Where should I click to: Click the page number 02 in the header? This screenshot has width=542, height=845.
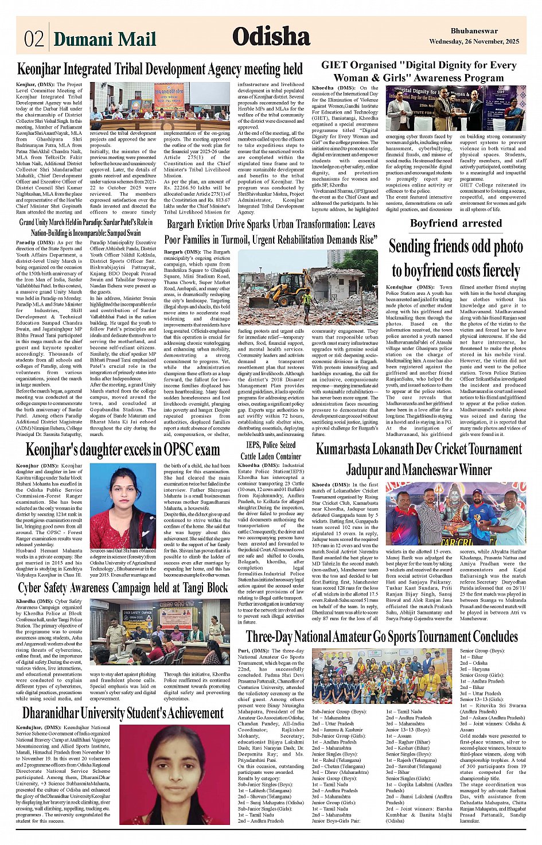click(x=33, y=38)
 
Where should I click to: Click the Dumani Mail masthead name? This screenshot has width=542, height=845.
click(x=104, y=38)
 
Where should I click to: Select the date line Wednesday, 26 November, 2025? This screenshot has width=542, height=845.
click(x=474, y=41)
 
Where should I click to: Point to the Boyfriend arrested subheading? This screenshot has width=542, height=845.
click(x=455, y=223)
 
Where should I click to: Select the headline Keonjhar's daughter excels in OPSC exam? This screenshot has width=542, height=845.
click(x=123, y=449)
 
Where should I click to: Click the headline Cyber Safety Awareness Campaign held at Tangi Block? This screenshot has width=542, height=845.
click(x=123, y=588)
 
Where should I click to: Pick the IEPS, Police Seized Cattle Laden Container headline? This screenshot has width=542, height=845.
click(x=271, y=450)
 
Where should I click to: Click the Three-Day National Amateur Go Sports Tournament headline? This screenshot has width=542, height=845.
click(x=381, y=636)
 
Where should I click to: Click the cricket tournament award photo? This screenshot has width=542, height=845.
click(x=455, y=513)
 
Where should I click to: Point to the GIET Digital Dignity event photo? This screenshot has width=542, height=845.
click(x=455, y=108)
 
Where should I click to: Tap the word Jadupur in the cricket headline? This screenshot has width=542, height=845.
click(x=367, y=470)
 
